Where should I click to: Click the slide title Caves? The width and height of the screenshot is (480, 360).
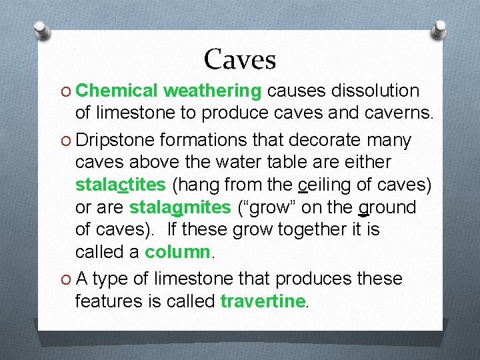click(x=240, y=59)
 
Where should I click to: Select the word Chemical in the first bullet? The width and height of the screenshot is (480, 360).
click(x=118, y=91)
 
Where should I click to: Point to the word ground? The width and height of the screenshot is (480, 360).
click(x=387, y=207)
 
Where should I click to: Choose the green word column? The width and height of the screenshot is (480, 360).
click(x=177, y=253)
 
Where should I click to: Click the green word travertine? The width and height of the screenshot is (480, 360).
click(x=262, y=301)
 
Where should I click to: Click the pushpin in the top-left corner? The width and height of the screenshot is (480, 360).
click(x=41, y=30)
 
